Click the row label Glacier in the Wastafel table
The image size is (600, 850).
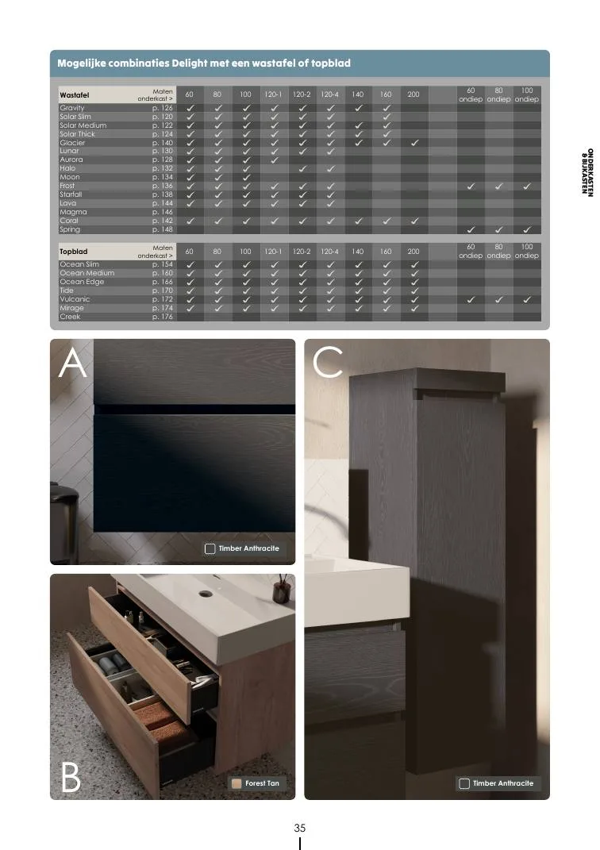(x=72, y=143)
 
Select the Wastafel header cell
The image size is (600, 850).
(x=75, y=95)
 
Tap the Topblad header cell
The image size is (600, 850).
(x=73, y=252)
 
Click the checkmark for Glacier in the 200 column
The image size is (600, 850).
(x=414, y=143)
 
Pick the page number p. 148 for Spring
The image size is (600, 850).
(x=162, y=229)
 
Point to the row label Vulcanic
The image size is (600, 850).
(x=75, y=299)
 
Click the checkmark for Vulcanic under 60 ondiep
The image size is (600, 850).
(x=471, y=299)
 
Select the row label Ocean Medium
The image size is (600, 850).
(x=87, y=273)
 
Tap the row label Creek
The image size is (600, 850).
(x=70, y=317)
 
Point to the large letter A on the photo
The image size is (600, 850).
(x=73, y=363)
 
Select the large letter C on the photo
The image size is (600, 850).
(x=328, y=362)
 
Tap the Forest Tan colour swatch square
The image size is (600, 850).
(x=237, y=783)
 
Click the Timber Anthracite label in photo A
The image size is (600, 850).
(x=248, y=548)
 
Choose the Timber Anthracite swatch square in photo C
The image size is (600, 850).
(x=464, y=783)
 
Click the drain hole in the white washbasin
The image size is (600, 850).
(x=206, y=594)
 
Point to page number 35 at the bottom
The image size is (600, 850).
(x=300, y=828)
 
